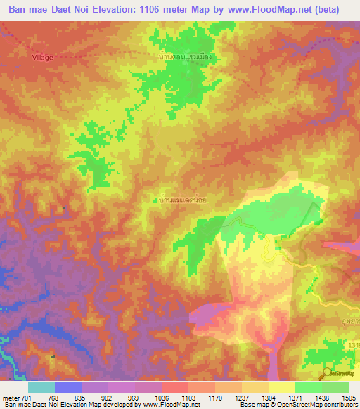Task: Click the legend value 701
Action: click(25, 398)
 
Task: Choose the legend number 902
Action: click(107, 398)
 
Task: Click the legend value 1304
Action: click(269, 398)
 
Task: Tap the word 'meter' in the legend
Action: click(10, 398)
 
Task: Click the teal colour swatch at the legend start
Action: click(41, 387)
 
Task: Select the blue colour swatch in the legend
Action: click(68, 387)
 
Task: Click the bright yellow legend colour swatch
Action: click(282, 387)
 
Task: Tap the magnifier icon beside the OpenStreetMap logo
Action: click(327, 373)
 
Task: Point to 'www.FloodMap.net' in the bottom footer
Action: click(163, 405)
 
